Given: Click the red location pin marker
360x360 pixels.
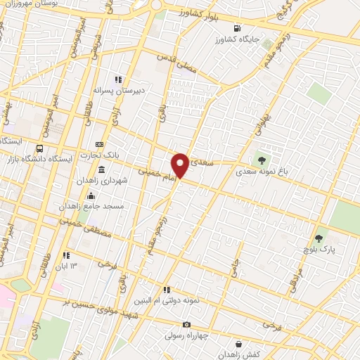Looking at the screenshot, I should [x=180, y=165].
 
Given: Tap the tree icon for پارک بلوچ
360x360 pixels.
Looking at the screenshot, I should [x=320, y=239].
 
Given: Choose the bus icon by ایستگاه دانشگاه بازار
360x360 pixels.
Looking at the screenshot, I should [x=39, y=149].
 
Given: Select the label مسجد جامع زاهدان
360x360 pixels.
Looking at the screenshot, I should [x=96, y=206].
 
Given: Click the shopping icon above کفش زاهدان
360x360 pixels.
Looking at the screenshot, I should [x=241, y=345].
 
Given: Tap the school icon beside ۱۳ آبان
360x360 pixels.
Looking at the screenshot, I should [x=66, y=256].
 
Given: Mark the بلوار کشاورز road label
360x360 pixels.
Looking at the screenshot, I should [x=199, y=13].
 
